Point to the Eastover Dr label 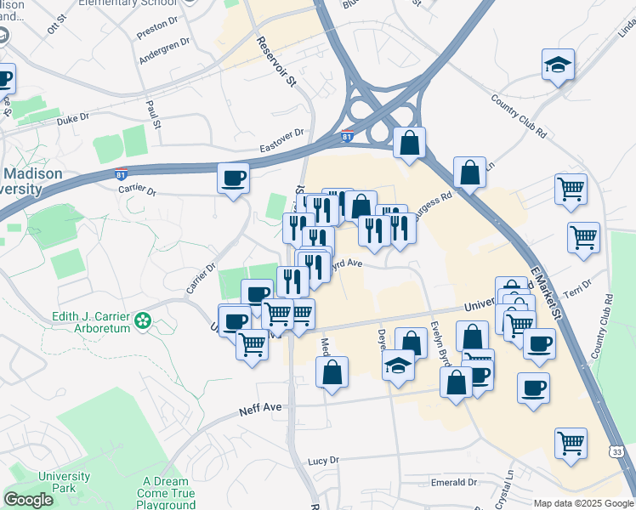(x=281, y=138)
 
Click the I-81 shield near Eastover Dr (x=347, y=136)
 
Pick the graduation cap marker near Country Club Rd (x=558, y=65)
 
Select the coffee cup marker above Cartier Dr (x=233, y=178)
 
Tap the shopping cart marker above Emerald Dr (x=571, y=442)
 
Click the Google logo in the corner (x=28, y=500)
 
